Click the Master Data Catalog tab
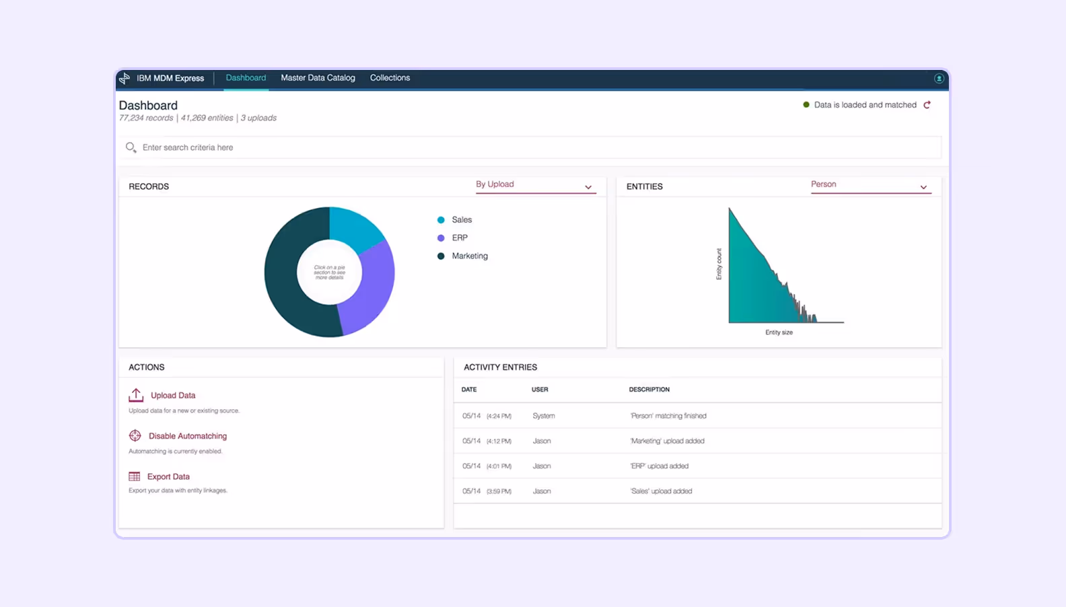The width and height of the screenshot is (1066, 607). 318,78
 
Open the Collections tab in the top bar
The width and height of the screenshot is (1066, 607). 390,78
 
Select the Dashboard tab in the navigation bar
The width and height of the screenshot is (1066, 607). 246,78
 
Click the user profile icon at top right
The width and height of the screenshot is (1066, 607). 939,79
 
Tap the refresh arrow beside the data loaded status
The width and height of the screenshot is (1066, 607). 927,105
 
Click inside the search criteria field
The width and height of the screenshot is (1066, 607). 471,147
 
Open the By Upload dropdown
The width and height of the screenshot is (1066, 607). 535,185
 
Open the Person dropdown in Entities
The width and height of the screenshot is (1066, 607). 870,185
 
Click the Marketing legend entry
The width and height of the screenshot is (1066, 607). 469,256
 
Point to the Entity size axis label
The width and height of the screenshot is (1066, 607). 779,332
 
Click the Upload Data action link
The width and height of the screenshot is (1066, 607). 173,396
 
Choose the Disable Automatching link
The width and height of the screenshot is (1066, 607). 187,436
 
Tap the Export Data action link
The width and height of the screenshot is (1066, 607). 168,476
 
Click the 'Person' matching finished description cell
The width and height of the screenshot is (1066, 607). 668,416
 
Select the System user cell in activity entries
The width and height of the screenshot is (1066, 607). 544,416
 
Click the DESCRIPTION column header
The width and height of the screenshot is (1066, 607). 649,390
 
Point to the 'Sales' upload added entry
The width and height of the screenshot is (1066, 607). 661,491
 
